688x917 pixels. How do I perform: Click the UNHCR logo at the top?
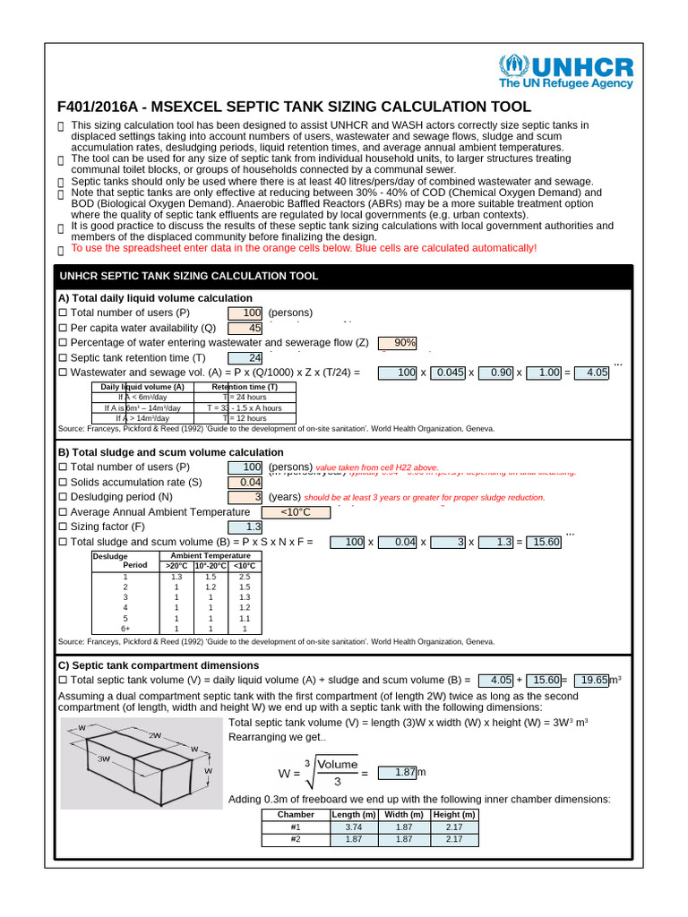click(565, 72)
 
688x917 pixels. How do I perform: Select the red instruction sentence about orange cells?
click(304, 248)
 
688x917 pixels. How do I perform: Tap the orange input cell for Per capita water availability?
click(245, 328)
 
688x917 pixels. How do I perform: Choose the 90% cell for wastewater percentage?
click(399, 343)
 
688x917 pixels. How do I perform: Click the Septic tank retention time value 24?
click(245, 358)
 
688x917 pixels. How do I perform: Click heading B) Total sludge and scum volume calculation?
click(170, 452)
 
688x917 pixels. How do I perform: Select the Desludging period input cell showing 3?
click(245, 497)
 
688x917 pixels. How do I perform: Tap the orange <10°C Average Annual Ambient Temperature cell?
click(295, 512)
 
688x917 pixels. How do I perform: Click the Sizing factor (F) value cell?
click(245, 527)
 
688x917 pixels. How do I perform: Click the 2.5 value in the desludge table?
click(245, 577)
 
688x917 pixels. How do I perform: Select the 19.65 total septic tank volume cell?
click(591, 681)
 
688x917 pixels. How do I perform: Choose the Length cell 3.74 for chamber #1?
click(347, 827)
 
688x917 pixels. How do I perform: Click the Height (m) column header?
click(454, 815)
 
